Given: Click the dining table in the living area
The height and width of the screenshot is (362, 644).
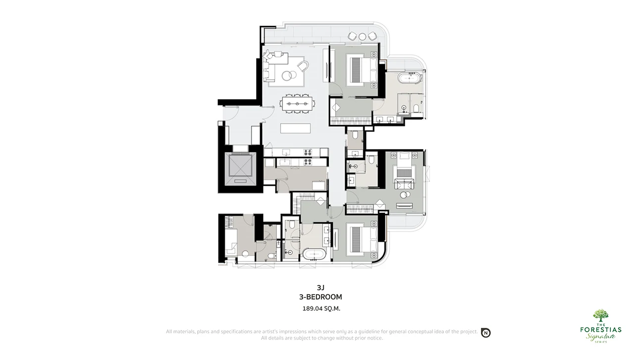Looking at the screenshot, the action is pos(297,103).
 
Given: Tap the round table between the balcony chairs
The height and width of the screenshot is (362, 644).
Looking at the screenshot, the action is pos(362,37).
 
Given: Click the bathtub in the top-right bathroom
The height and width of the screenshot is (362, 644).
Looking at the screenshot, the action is pos(409,78).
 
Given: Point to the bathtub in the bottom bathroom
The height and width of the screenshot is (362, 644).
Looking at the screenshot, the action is pos(314,254).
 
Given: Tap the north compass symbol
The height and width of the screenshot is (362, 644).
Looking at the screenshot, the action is pos(486,333).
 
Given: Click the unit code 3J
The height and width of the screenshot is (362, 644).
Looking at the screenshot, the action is pos(321,288).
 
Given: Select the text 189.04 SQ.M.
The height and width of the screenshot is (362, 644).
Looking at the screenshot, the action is pos(321,309).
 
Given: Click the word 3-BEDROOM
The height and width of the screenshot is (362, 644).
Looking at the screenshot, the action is pos(321,297).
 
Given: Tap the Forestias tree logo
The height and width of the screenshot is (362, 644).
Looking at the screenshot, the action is pos(600,315).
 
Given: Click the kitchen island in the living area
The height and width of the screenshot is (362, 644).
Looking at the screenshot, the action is pos(296,128).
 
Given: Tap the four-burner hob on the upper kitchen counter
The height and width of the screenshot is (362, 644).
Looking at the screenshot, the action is pos(308,152).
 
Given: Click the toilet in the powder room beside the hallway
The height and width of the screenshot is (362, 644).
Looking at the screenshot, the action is pos(355,135).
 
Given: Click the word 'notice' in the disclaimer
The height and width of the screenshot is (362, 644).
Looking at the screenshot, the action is pos(375,338).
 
